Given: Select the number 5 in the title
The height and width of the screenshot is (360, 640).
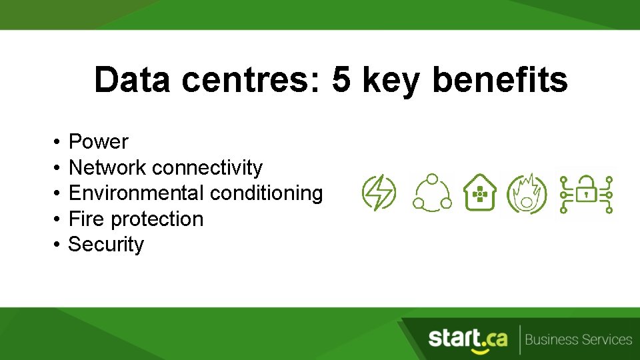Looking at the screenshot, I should (x=341, y=81).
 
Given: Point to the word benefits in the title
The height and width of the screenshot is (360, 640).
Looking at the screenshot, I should (x=500, y=81).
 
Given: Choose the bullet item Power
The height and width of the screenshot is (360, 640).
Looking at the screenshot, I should (x=99, y=141).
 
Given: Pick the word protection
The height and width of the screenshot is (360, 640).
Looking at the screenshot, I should (x=157, y=219).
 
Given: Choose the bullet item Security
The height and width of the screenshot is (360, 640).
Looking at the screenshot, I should (x=106, y=244).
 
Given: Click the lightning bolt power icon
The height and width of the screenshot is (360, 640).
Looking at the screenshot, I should (x=379, y=193).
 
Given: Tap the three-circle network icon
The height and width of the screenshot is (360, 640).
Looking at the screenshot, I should (x=431, y=193).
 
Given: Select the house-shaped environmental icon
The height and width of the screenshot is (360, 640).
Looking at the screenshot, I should (x=479, y=193).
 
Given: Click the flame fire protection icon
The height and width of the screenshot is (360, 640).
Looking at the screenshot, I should (x=527, y=194).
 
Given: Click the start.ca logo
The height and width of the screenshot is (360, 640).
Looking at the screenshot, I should (x=467, y=339).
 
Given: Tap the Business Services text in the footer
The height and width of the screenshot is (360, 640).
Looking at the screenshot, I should (x=578, y=339).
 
